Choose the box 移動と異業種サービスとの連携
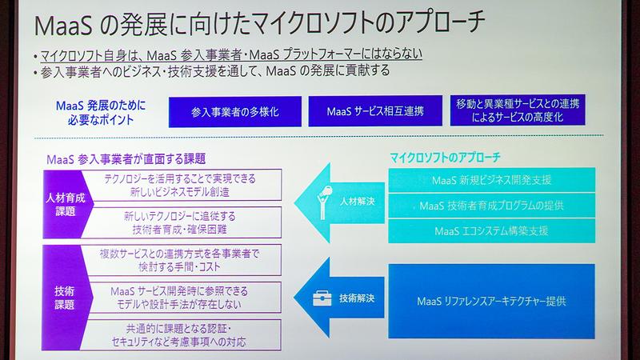click(x=519, y=110)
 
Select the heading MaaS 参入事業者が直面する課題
click(x=138, y=158)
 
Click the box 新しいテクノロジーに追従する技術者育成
click(x=179, y=222)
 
